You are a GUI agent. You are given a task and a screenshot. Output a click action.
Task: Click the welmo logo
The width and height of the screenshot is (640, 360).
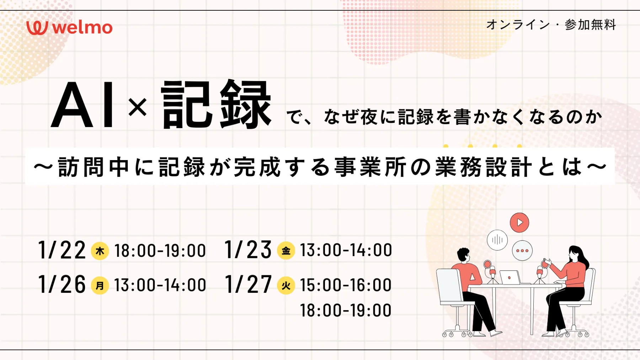(x=69, y=28)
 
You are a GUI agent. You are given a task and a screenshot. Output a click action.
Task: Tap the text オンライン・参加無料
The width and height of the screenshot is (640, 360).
(x=551, y=25)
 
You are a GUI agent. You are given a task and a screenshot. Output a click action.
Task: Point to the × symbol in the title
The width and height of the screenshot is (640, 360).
(x=138, y=107)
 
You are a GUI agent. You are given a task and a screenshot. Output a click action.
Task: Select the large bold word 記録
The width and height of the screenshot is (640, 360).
(x=216, y=104)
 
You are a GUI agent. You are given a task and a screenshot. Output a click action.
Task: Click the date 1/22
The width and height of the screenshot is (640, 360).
(x=62, y=250)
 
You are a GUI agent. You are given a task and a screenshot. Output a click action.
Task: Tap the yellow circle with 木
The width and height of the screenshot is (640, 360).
(x=100, y=251)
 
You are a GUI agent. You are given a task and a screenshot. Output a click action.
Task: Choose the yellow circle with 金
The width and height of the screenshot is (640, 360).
(x=286, y=250)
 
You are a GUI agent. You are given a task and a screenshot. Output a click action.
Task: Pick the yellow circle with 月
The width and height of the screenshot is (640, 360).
(x=100, y=285)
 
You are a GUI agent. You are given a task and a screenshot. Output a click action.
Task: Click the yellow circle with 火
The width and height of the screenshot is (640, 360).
(x=286, y=285)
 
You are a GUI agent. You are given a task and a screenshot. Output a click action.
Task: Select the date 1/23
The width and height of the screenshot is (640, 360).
(x=248, y=249)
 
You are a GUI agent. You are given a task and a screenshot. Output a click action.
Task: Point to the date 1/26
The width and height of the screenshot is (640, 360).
(x=62, y=284)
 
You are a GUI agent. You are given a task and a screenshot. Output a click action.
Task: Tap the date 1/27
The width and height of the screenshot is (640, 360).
(x=248, y=284)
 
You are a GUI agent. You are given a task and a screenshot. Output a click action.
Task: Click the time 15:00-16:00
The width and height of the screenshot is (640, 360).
(x=346, y=285)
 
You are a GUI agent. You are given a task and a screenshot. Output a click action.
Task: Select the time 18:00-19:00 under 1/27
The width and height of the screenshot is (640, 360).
(x=346, y=310)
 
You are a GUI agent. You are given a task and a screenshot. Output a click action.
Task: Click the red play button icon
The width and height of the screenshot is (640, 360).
(x=519, y=222)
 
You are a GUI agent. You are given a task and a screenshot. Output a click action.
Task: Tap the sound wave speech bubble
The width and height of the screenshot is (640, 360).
(x=497, y=240)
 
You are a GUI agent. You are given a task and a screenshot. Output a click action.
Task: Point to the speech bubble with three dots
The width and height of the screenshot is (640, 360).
(x=522, y=250)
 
